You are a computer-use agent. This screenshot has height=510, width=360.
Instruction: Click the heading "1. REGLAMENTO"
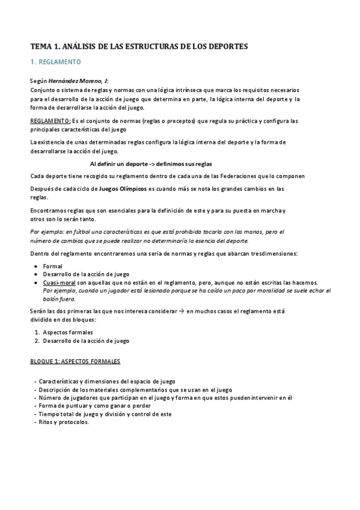[x=55, y=62]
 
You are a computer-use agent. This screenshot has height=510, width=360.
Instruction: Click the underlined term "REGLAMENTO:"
[x=50, y=121]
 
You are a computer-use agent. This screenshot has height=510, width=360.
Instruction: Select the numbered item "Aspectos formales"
[x=68, y=332]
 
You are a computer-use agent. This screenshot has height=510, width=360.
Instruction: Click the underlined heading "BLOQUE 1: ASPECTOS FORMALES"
[x=75, y=361]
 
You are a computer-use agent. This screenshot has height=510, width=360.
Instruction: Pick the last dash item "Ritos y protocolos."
[x=64, y=422]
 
